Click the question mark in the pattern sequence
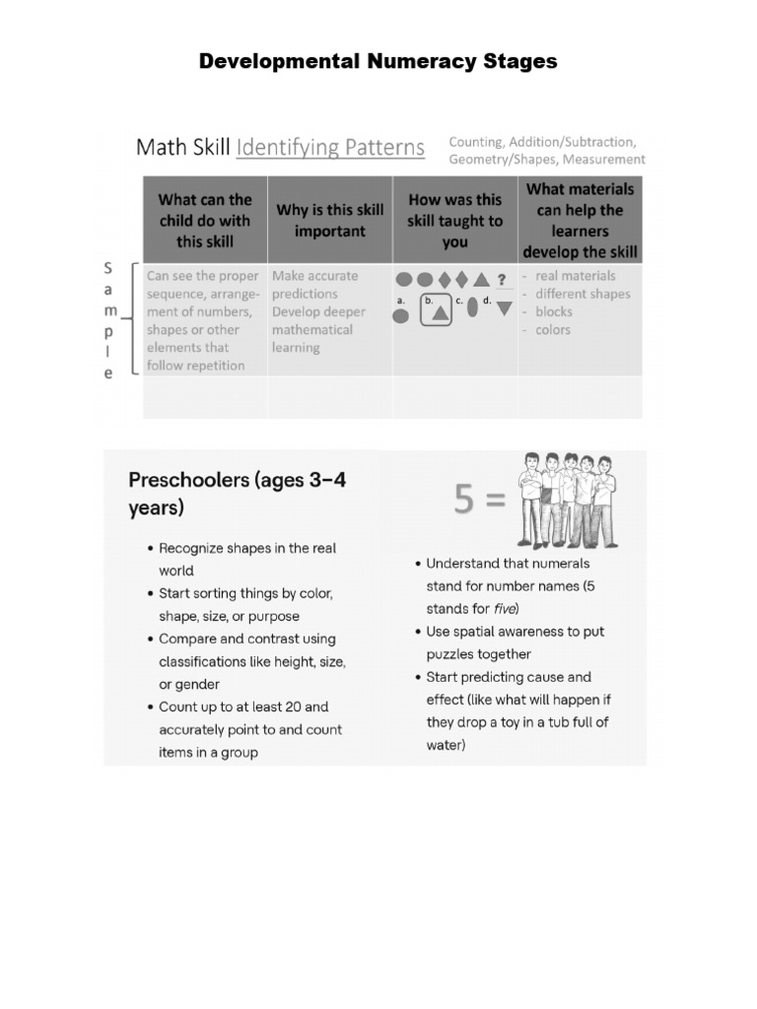click(x=502, y=279)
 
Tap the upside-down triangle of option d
click(x=504, y=308)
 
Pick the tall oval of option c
click(x=473, y=307)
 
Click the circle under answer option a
click(x=401, y=316)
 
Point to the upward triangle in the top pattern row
click(x=481, y=279)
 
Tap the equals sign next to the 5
click(x=495, y=501)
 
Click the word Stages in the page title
click(x=517, y=61)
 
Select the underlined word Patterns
click(x=375, y=148)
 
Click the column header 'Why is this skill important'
click(x=330, y=221)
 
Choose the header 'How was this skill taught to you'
click(x=454, y=221)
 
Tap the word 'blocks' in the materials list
click(x=553, y=311)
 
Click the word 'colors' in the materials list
click(x=552, y=330)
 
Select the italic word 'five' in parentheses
click(x=505, y=608)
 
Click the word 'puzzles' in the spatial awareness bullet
click(x=451, y=654)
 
